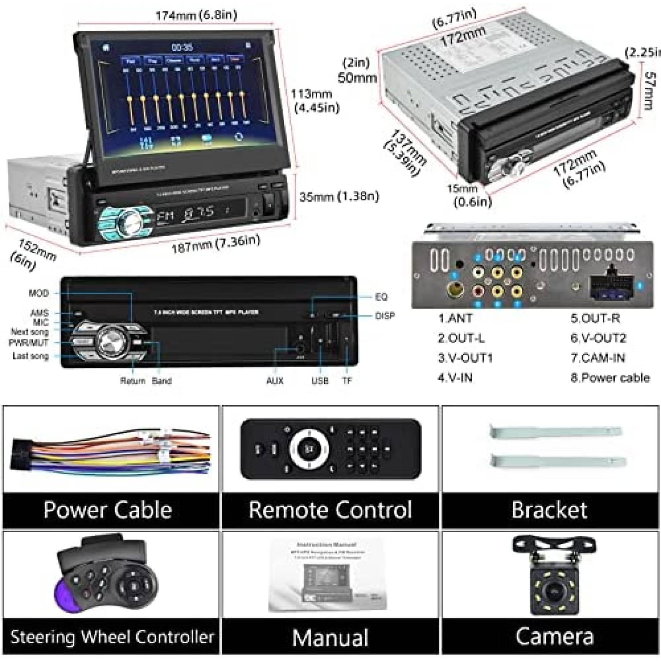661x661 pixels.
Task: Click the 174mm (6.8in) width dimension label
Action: [x=196, y=16]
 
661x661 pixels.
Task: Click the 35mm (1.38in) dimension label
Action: [x=339, y=196]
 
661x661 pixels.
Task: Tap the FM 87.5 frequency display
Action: [x=186, y=214]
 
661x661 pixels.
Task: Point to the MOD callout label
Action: [x=38, y=293]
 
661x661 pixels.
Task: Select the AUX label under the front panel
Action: [x=275, y=380]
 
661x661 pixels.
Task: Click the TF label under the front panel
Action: [x=347, y=380]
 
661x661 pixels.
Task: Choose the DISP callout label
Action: [x=385, y=316]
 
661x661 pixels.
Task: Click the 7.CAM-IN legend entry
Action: [x=597, y=358]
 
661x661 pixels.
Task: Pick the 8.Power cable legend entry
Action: [x=610, y=378]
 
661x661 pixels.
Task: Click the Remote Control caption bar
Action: [x=330, y=510]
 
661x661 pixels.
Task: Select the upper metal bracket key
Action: [x=555, y=432]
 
